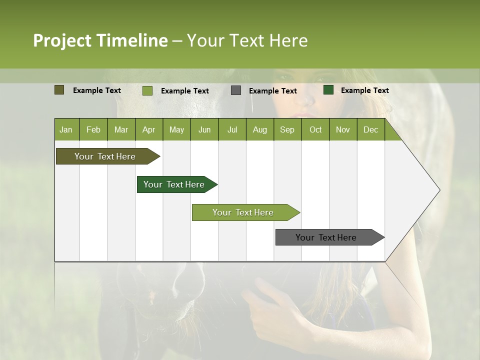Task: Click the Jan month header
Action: pos(66,130)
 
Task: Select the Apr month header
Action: pos(148,130)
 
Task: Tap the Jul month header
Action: pos(232,130)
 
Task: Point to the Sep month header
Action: pos(287,130)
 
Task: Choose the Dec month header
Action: pos(370,130)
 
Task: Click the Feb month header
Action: pos(93,130)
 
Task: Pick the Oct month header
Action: pos(315,130)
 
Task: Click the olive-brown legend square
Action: pos(59,90)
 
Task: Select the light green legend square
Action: pos(147,90)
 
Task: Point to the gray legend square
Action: pos(236,90)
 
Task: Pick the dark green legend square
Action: pos(328,90)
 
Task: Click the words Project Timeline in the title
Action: pos(100,40)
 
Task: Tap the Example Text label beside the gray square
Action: pos(272,91)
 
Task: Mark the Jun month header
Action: pos(204,130)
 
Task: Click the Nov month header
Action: pos(343,130)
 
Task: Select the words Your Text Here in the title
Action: pos(247,40)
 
